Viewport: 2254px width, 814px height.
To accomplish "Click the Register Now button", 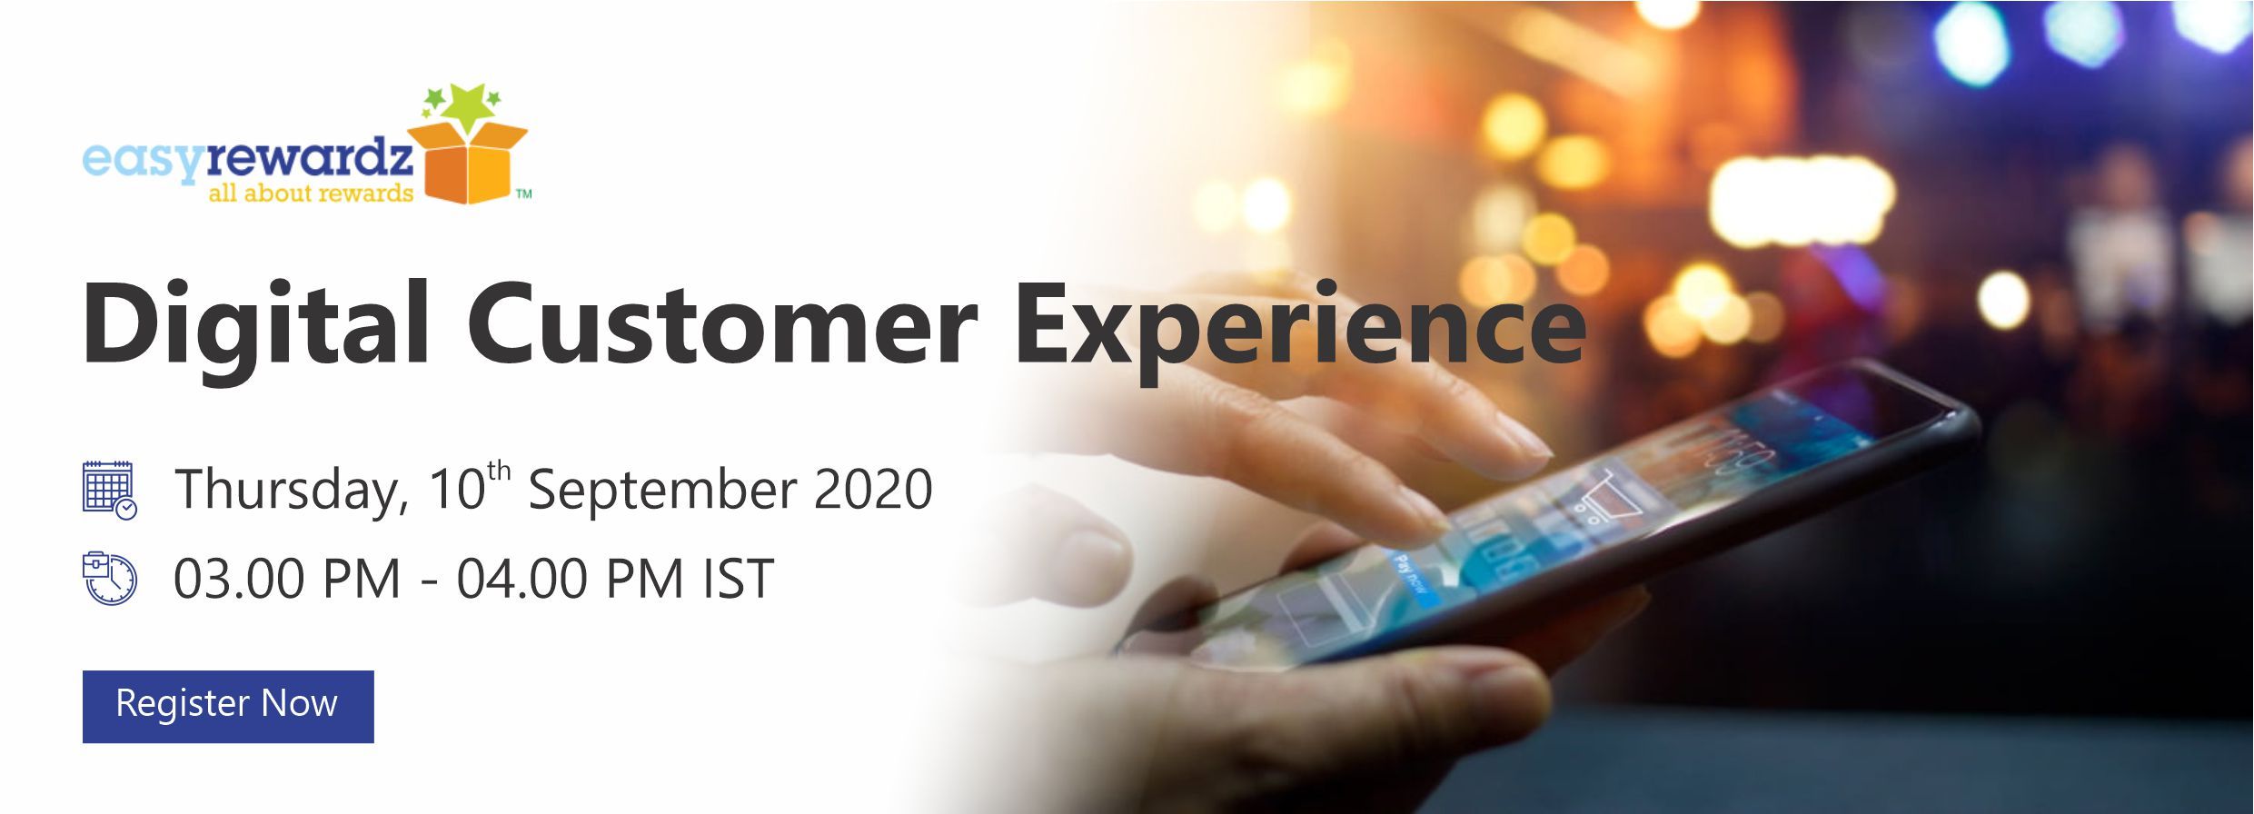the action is [x=228, y=706].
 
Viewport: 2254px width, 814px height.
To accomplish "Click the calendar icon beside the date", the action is [x=109, y=490].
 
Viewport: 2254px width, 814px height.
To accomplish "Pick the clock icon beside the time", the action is [x=109, y=578].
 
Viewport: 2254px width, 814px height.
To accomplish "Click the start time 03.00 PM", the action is [x=287, y=579].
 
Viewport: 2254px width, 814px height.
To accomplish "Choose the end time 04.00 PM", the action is [x=570, y=579].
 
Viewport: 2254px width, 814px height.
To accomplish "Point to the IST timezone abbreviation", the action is [x=739, y=579].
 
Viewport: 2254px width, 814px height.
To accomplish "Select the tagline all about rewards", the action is [x=311, y=193].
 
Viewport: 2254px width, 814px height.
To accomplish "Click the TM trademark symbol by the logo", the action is [x=523, y=194].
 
